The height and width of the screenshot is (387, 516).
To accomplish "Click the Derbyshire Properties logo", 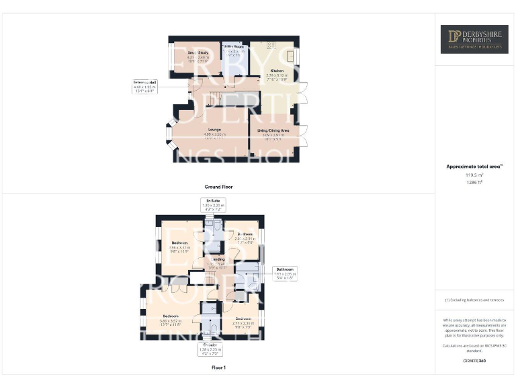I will click(474, 39).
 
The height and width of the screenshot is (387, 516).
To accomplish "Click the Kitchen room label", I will click(277, 71).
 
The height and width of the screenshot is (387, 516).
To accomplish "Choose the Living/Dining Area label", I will click(273, 130).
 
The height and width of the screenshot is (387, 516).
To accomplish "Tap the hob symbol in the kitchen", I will click(271, 44).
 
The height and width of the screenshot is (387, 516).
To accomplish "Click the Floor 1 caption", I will click(218, 368).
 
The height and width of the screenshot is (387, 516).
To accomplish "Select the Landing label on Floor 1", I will click(218, 259).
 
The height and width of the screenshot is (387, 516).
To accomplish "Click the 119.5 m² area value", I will click(474, 174).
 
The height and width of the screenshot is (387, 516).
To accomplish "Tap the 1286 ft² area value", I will click(474, 182).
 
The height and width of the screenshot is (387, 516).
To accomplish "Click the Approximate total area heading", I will click(474, 166).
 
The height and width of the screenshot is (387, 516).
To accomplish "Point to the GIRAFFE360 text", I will click(474, 361).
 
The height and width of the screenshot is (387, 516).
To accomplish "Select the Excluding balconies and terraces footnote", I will click(474, 300).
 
